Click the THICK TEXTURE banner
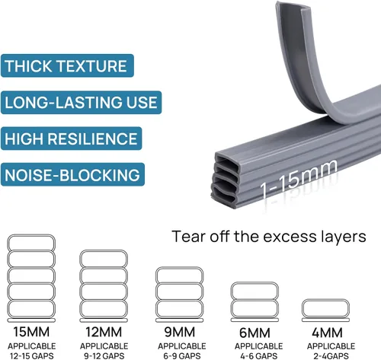[x=67, y=65]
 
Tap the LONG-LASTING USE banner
[x=81, y=103]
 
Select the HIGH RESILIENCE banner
[x=71, y=139]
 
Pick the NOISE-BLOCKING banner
[x=72, y=174]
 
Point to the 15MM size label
[x=31, y=332]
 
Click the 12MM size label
[x=104, y=332]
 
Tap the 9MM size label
[x=180, y=332]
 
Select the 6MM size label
[x=255, y=333]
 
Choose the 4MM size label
[x=327, y=333]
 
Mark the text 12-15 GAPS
[x=32, y=355]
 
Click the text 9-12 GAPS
[x=104, y=355]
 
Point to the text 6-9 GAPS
[x=182, y=355]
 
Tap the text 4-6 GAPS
[x=258, y=355]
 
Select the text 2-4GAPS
[x=331, y=355]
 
